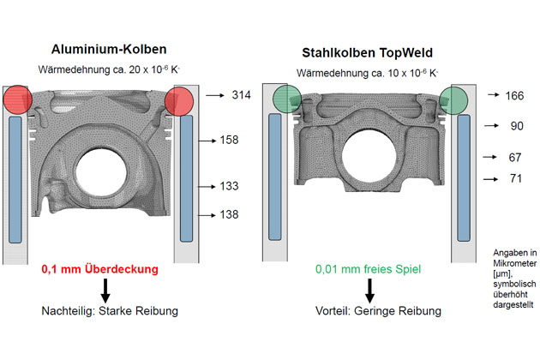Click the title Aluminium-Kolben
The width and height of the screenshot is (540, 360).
click(109, 49)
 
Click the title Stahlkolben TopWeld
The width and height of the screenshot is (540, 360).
click(367, 52)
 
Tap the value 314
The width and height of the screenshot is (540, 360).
click(241, 95)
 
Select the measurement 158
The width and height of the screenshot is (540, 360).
click(229, 140)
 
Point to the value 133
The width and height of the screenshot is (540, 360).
click(229, 186)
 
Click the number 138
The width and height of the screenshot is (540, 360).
click(229, 214)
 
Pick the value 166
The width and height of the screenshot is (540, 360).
click(514, 95)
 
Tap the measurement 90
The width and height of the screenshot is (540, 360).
click(517, 126)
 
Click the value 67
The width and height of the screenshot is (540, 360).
click(515, 158)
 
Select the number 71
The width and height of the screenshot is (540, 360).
click(515, 178)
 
